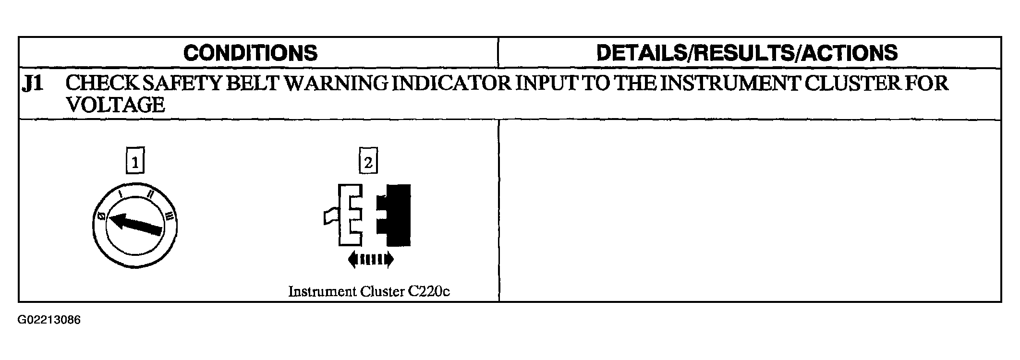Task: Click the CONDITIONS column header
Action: pos(250,53)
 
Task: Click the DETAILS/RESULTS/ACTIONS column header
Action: pos(747,53)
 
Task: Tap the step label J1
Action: pos(33,84)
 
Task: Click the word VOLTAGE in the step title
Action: pos(115,105)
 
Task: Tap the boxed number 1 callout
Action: pos(135,161)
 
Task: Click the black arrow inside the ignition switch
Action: pos(135,224)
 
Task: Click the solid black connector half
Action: pos(395,215)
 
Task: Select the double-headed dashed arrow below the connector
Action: pos(371,260)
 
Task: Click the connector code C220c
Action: pos(429,291)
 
